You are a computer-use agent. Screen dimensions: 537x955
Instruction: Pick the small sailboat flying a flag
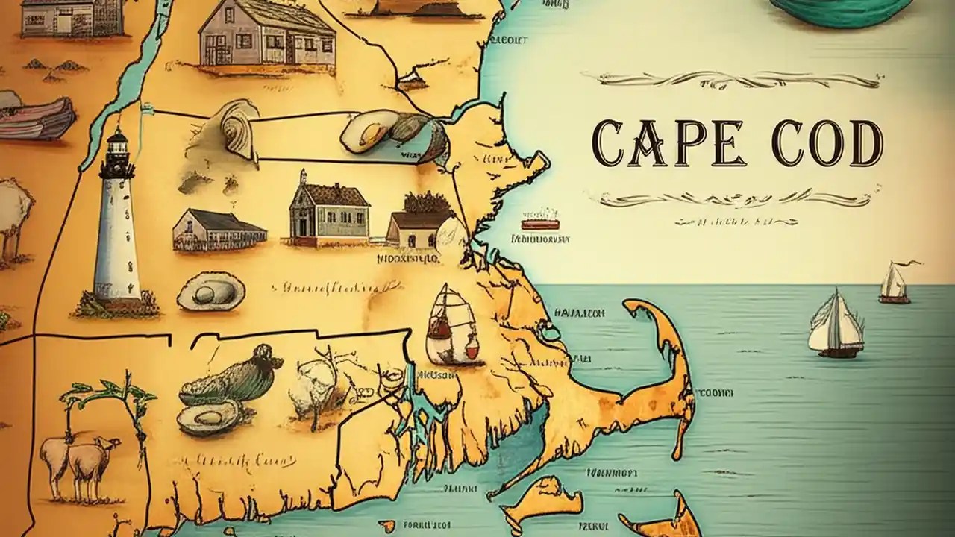(895, 283)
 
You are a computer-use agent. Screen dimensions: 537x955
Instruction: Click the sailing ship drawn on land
(452, 326)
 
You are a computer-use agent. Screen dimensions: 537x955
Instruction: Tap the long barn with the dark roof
(219, 230)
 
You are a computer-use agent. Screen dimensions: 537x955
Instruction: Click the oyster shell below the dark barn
(210, 291)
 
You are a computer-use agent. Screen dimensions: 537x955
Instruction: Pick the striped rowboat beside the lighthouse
(37, 117)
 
